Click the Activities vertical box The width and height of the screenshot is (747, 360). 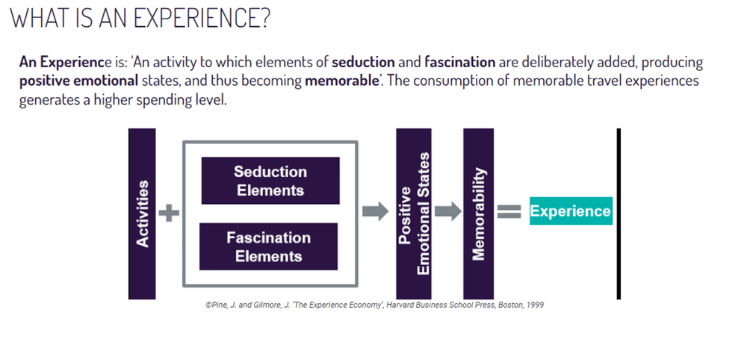pos(142,214)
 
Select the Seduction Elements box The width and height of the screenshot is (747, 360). pos(270,181)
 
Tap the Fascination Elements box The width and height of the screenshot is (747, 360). pos(269,246)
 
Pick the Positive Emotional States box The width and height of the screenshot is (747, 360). pos(414,214)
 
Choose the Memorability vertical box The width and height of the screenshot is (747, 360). pos(478,214)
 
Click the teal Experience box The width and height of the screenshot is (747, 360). pos(571,211)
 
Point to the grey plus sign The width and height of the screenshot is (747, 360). pos(169,213)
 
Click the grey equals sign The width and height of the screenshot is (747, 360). pos(509,211)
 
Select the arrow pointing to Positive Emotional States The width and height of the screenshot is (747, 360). pos(376,211)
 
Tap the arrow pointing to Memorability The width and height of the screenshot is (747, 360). pos(447,211)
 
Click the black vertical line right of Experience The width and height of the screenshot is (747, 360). pos(619,214)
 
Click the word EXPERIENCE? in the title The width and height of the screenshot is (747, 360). pos(203,19)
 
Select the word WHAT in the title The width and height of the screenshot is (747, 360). pos(37,19)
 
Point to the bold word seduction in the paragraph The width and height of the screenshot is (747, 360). pos(364,63)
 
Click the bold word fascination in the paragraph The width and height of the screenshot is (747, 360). pos(460,63)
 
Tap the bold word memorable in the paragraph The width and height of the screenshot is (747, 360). pos(341,81)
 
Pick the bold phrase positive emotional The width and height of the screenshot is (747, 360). pos(78,81)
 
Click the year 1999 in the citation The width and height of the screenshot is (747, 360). pos(535,305)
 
